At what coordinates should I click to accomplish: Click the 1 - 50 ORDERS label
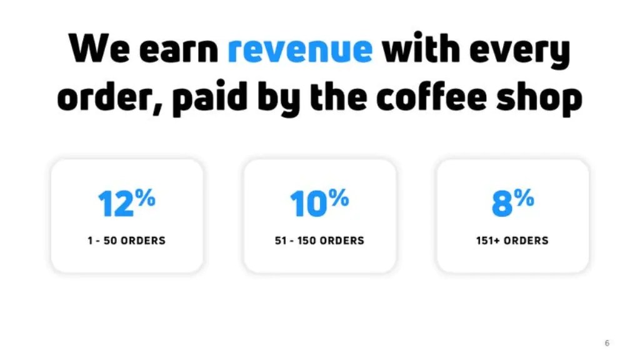tap(127, 241)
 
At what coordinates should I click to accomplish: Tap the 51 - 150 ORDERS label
tap(319, 241)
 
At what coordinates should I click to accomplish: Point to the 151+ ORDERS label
tap(512, 241)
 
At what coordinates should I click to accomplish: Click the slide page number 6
tap(607, 343)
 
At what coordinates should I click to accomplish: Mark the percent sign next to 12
tap(145, 199)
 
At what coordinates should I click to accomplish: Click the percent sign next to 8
tap(525, 199)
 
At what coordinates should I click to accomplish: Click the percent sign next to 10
tap(339, 199)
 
